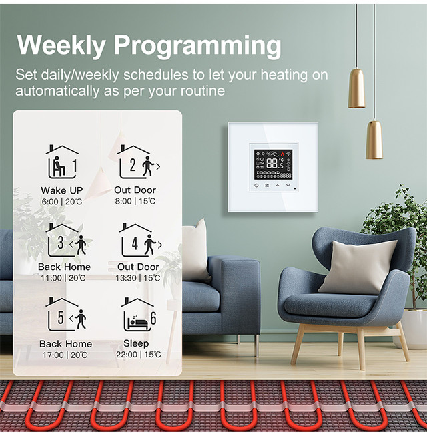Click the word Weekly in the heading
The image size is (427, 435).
point(61,45)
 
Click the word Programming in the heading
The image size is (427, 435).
point(197,46)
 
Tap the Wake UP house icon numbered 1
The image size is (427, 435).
point(62,162)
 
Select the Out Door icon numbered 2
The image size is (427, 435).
point(138,162)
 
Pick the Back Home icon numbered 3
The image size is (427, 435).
point(66,240)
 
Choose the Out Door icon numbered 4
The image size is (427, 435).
point(140,240)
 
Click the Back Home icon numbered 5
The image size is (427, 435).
point(66,314)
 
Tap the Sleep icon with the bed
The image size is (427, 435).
point(139,314)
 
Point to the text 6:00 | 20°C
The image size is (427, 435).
point(62,202)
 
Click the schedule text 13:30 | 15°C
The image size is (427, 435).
point(138,278)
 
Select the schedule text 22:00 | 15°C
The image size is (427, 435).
point(139,355)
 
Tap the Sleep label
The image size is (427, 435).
point(136,343)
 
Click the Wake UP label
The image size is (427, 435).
point(62,190)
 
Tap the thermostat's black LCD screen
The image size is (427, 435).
point(273,164)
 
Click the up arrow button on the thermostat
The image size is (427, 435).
point(278,185)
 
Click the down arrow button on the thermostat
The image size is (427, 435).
point(288,185)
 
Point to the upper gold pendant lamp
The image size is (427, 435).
point(356,88)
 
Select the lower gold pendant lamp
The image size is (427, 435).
point(374,140)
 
